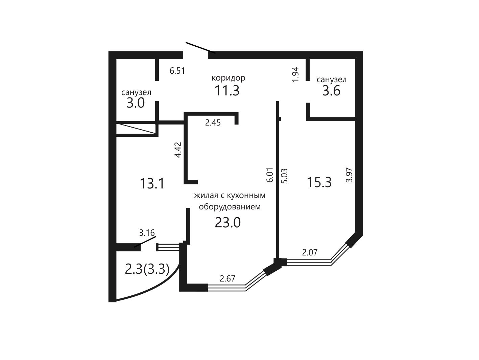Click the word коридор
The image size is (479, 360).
[229, 78]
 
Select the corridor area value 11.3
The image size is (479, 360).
[227, 90]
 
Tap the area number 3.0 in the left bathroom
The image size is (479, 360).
[136, 103]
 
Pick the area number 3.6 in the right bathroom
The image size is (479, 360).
[331, 90]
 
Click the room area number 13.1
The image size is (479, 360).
[152, 183]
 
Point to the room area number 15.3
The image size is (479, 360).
[319, 182]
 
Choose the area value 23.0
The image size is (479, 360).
[227, 222]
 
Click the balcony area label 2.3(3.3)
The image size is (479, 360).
[147, 269]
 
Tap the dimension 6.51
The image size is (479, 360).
[177, 71]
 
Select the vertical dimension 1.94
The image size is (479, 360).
[295, 74]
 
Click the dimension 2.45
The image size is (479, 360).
[213, 123]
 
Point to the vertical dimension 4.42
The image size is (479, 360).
[178, 150]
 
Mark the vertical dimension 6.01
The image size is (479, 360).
[270, 175]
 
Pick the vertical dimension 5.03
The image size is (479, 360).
[285, 176]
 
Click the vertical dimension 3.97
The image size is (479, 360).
[349, 175]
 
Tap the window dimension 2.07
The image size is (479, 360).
[310, 252]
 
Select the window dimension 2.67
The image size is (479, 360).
[227, 278]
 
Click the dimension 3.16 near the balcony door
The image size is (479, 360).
[147, 233]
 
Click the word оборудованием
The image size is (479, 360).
[230, 207]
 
